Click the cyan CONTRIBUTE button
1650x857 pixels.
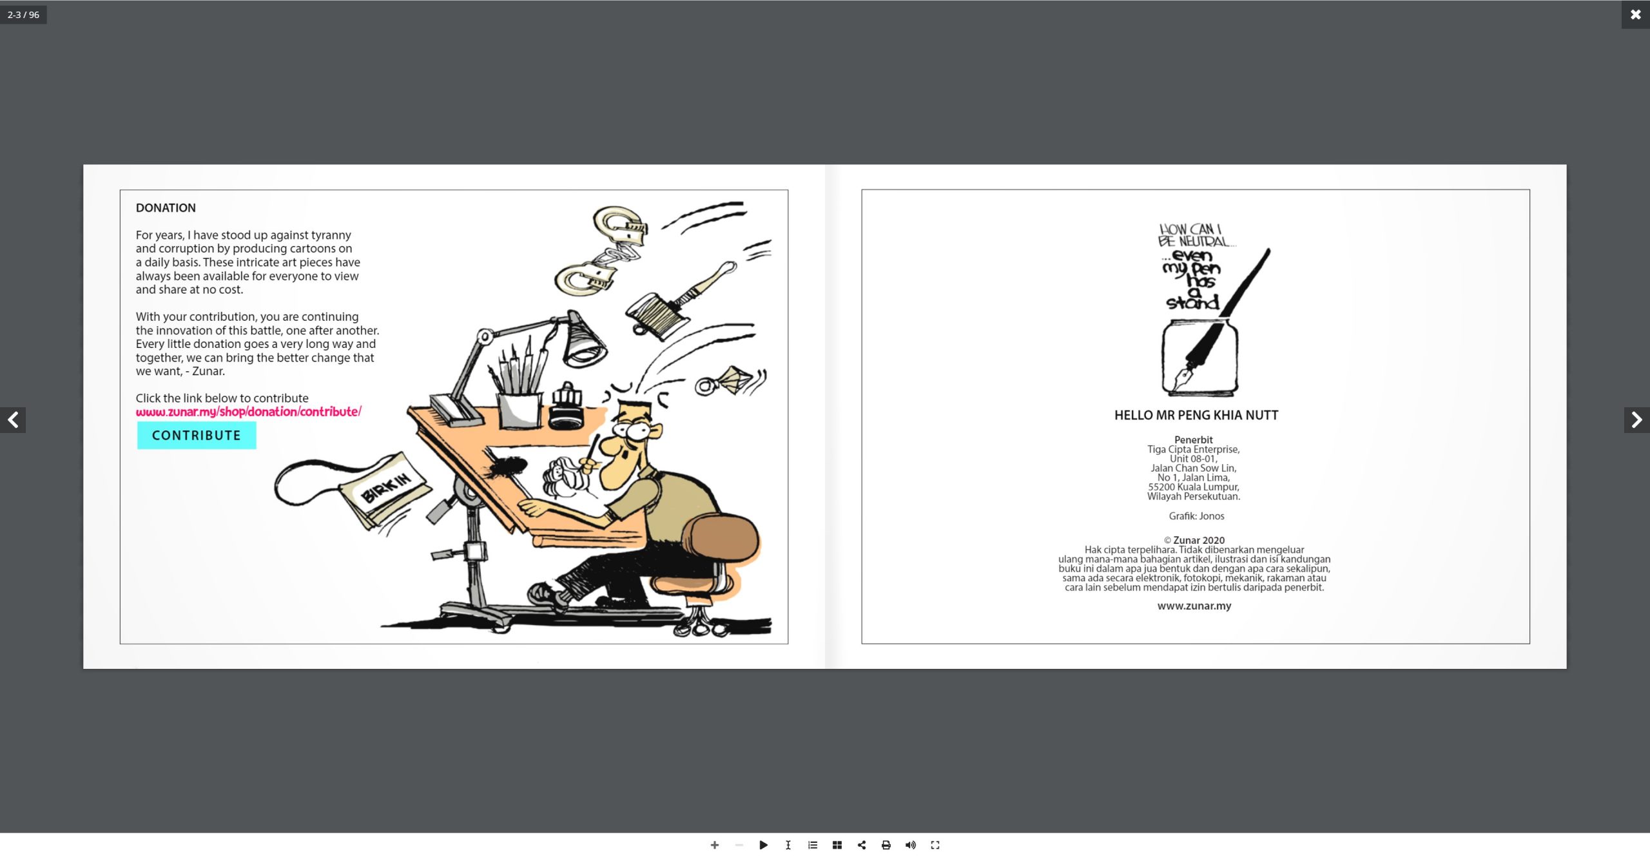[x=197, y=435]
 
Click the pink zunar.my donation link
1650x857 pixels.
[x=248, y=412]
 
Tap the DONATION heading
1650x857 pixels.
[x=166, y=208]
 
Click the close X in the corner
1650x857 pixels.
[x=1635, y=14]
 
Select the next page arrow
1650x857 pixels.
[x=1636, y=420]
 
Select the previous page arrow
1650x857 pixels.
[x=13, y=420]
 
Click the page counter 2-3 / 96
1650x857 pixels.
[x=23, y=15]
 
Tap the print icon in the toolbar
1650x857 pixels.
[x=886, y=845]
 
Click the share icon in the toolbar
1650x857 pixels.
[x=862, y=845]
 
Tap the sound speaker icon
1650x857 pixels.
[x=910, y=845]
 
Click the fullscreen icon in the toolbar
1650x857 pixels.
[x=935, y=845]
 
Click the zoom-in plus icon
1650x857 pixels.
[x=714, y=845]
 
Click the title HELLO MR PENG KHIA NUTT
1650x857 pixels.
[x=1196, y=416]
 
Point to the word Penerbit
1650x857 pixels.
[x=1194, y=440]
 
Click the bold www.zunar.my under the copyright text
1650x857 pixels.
[x=1194, y=606]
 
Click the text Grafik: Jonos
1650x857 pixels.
[x=1196, y=516]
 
